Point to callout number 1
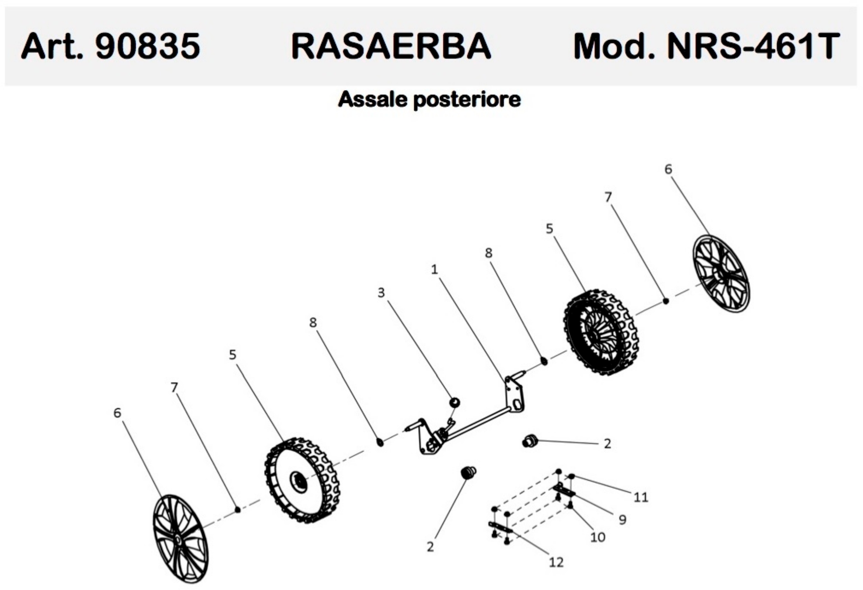pyautogui.click(x=434, y=269)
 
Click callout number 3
pyautogui.click(x=381, y=293)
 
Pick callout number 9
pyautogui.click(x=623, y=520)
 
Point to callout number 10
pyautogui.click(x=598, y=537)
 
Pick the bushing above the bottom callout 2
pyautogui.click(x=468, y=473)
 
